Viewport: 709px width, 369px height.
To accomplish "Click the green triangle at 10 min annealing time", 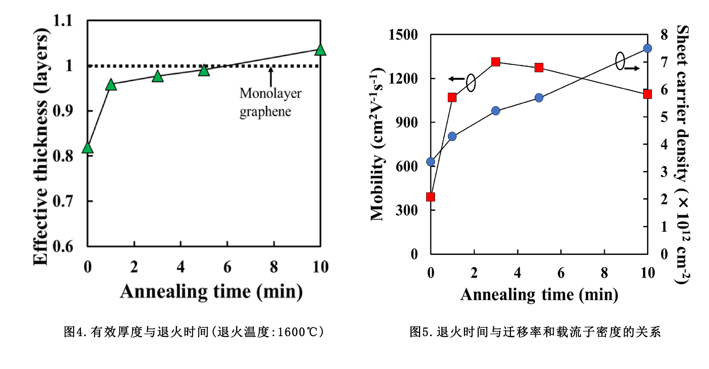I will (x=320, y=50).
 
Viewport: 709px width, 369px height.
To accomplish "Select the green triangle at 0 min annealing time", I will (x=88, y=148).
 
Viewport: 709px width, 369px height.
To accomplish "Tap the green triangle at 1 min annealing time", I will (x=111, y=85).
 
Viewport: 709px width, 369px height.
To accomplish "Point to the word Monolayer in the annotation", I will (x=270, y=93).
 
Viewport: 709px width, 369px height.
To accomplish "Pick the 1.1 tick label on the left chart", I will (x=63, y=21).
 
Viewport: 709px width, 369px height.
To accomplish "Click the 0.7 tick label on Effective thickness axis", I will (x=63, y=201).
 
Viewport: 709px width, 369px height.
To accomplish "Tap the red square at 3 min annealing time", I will (x=496, y=62).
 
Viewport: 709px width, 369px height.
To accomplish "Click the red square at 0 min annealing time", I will (x=431, y=197).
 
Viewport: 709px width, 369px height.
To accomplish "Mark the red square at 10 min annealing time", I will (x=647, y=94).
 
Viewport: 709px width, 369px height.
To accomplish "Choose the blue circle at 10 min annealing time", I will (x=647, y=48).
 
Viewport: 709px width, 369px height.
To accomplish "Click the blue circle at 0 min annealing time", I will (x=431, y=162).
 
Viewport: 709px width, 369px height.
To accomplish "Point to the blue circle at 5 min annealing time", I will (x=539, y=98).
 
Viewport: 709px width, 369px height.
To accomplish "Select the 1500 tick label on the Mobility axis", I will (x=403, y=35).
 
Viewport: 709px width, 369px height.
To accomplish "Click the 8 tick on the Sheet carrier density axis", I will (x=664, y=35).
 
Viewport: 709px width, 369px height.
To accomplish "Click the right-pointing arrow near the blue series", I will (x=632, y=69).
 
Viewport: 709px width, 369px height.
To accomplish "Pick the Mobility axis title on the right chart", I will (x=377, y=144).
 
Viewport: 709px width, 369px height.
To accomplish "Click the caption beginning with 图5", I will (x=535, y=332).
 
